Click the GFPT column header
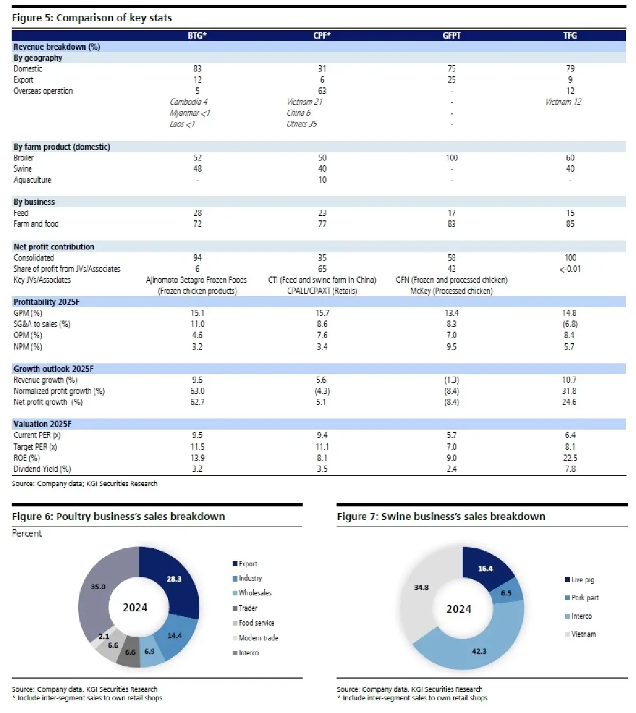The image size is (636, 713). click(x=452, y=35)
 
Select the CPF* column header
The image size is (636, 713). click(x=322, y=35)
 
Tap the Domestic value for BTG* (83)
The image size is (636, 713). click(x=197, y=69)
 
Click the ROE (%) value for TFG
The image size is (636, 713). click(x=570, y=458)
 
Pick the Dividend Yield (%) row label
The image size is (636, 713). click(x=42, y=469)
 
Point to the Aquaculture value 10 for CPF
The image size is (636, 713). click(x=322, y=180)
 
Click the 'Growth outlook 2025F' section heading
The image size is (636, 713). click(x=54, y=369)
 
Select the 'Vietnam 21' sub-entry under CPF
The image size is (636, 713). click(x=304, y=102)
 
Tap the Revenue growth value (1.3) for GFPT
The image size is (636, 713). click(x=452, y=380)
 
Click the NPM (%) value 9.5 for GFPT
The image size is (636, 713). click(x=452, y=346)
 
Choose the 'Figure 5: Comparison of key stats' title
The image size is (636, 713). click(x=92, y=18)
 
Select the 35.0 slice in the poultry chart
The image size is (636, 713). click(x=99, y=587)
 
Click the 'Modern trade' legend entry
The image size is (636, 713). click(x=258, y=638)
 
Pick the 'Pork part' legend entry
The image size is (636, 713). click(x=585, y=598)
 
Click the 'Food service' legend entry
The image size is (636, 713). click(x=256, y=623)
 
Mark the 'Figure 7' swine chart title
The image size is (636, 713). click(x=441, y=516)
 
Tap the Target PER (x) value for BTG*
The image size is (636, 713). click(x=197, y=447)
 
